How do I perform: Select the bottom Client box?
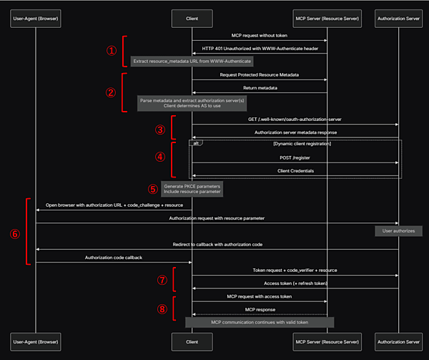(192, 342)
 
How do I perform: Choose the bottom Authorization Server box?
(398, 342)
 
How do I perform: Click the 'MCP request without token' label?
(260, 35)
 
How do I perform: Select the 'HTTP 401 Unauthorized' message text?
(260, 49)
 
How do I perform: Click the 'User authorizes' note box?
(398, 231)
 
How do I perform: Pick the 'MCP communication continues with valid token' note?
(260, 323)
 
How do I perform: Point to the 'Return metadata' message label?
(260, 88)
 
